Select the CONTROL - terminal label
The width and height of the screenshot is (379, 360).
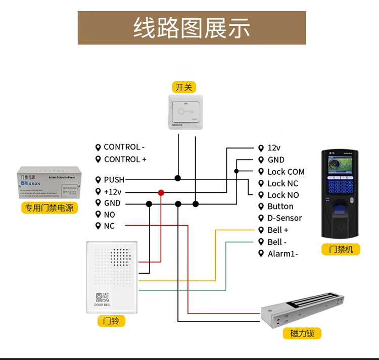[x=124, y=147]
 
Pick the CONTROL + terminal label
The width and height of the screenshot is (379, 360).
[x=125, y=159]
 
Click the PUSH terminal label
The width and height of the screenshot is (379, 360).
[x=114, y=180]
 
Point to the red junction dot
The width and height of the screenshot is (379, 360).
[x=161, y=192]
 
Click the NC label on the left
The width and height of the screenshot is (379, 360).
[x=109, y=226]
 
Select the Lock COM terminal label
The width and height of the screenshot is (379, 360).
[x=286, y=172]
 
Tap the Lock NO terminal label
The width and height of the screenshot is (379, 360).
[x=282, y=195]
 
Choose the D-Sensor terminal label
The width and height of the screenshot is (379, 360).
[x=284, y=218]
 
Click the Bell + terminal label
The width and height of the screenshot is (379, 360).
[x=277, y=230]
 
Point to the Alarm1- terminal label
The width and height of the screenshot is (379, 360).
[x=282, y=253]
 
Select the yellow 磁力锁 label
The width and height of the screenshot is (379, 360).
[x=299, y=333]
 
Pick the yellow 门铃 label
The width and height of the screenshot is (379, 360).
[x=111, y=321]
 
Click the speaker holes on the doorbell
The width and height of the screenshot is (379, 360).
[x=120, y=257]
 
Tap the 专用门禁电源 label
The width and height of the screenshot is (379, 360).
[x=49, y=208]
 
